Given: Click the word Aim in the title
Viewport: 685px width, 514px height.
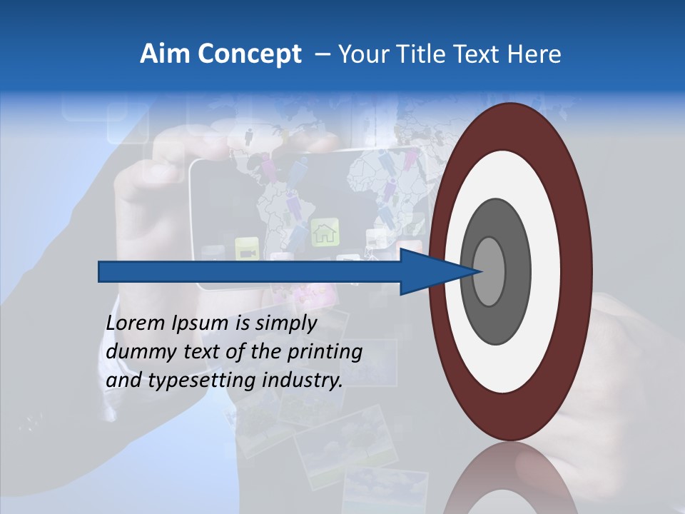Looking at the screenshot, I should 166,54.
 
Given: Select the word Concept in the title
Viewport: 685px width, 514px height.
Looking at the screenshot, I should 250,54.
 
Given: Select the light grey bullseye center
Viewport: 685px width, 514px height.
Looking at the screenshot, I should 489,272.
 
